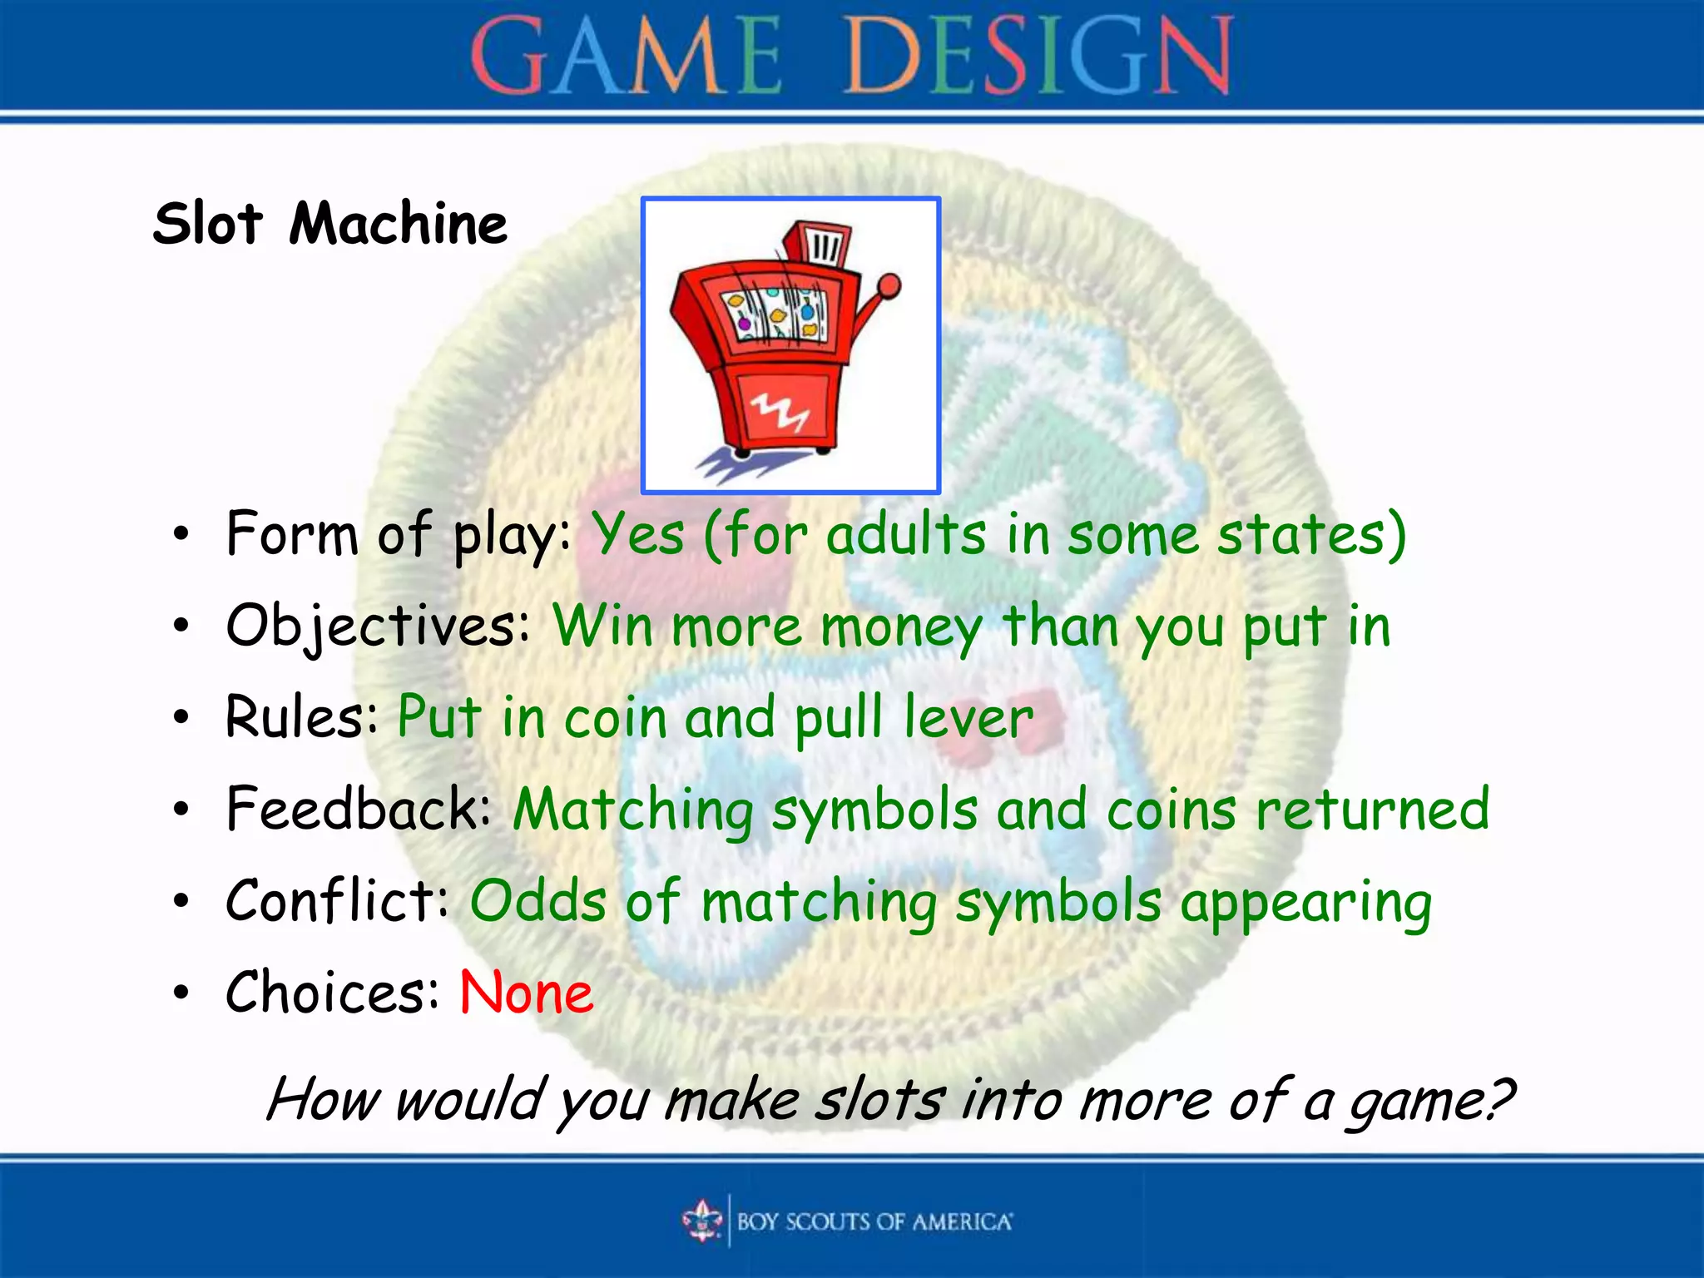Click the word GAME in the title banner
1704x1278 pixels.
click(626, 57)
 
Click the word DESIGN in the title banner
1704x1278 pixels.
click(1038, 57)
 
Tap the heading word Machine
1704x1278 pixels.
click(398, 224)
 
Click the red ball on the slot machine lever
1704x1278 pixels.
click(889, 286)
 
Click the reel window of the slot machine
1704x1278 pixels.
click(775, 315)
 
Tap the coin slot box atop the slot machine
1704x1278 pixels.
click(820, 245)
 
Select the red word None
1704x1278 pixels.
click(527, 992)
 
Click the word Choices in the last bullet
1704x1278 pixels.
click(331, 992)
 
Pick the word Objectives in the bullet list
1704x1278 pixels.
click(377, 626)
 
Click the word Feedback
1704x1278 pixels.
click(358, 808)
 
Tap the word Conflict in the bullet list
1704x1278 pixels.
click(336, 900)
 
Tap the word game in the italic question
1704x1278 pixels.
click(1428, 1102)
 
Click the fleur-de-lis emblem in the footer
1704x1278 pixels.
click(703, 1221)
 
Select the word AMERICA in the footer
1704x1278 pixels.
click(962, 1221)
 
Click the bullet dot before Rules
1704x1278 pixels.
click(181, 717)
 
